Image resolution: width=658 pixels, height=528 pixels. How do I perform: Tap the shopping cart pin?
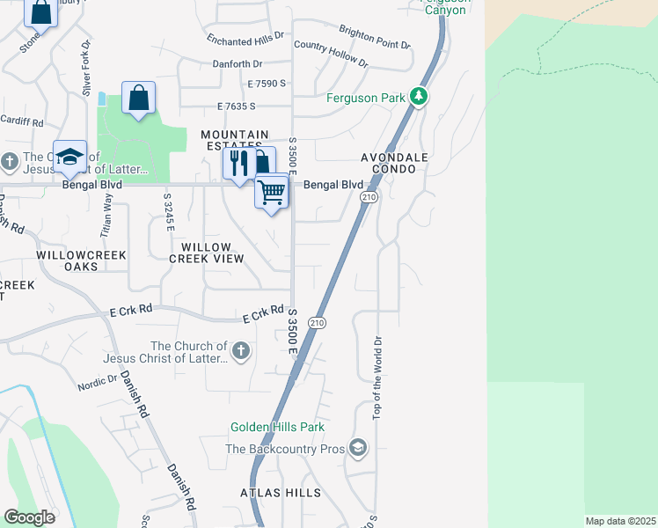[x=272, y=191]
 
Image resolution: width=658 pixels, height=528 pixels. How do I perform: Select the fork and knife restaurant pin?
[x=238, y=163]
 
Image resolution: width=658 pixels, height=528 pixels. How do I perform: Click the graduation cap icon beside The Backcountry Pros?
[x=356, y=449]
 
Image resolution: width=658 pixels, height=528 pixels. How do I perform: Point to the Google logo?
[x=29, y=517]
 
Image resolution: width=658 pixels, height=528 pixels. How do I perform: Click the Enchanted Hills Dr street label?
[x=245, y=38]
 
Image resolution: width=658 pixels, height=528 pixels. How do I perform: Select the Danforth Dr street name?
[x=238, y=63]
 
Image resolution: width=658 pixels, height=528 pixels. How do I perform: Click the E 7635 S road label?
[x=236, y=106]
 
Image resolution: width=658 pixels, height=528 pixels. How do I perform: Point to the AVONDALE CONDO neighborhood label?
[x=394, y=163]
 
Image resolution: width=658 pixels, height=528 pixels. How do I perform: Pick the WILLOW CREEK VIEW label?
[x=206, y=253]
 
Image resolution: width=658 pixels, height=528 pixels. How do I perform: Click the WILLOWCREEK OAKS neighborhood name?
[x=69, y=260]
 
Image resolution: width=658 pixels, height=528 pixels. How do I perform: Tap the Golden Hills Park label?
[x=277, y=427]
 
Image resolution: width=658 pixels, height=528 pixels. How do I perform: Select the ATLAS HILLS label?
[x=281, y=493]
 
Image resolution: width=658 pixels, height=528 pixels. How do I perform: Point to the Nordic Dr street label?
[x=97, y=383]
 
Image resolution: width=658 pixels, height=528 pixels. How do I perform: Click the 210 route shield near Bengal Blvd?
[x=368, y=197]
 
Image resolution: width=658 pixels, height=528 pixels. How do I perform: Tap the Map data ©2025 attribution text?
[x=620, y=522]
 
